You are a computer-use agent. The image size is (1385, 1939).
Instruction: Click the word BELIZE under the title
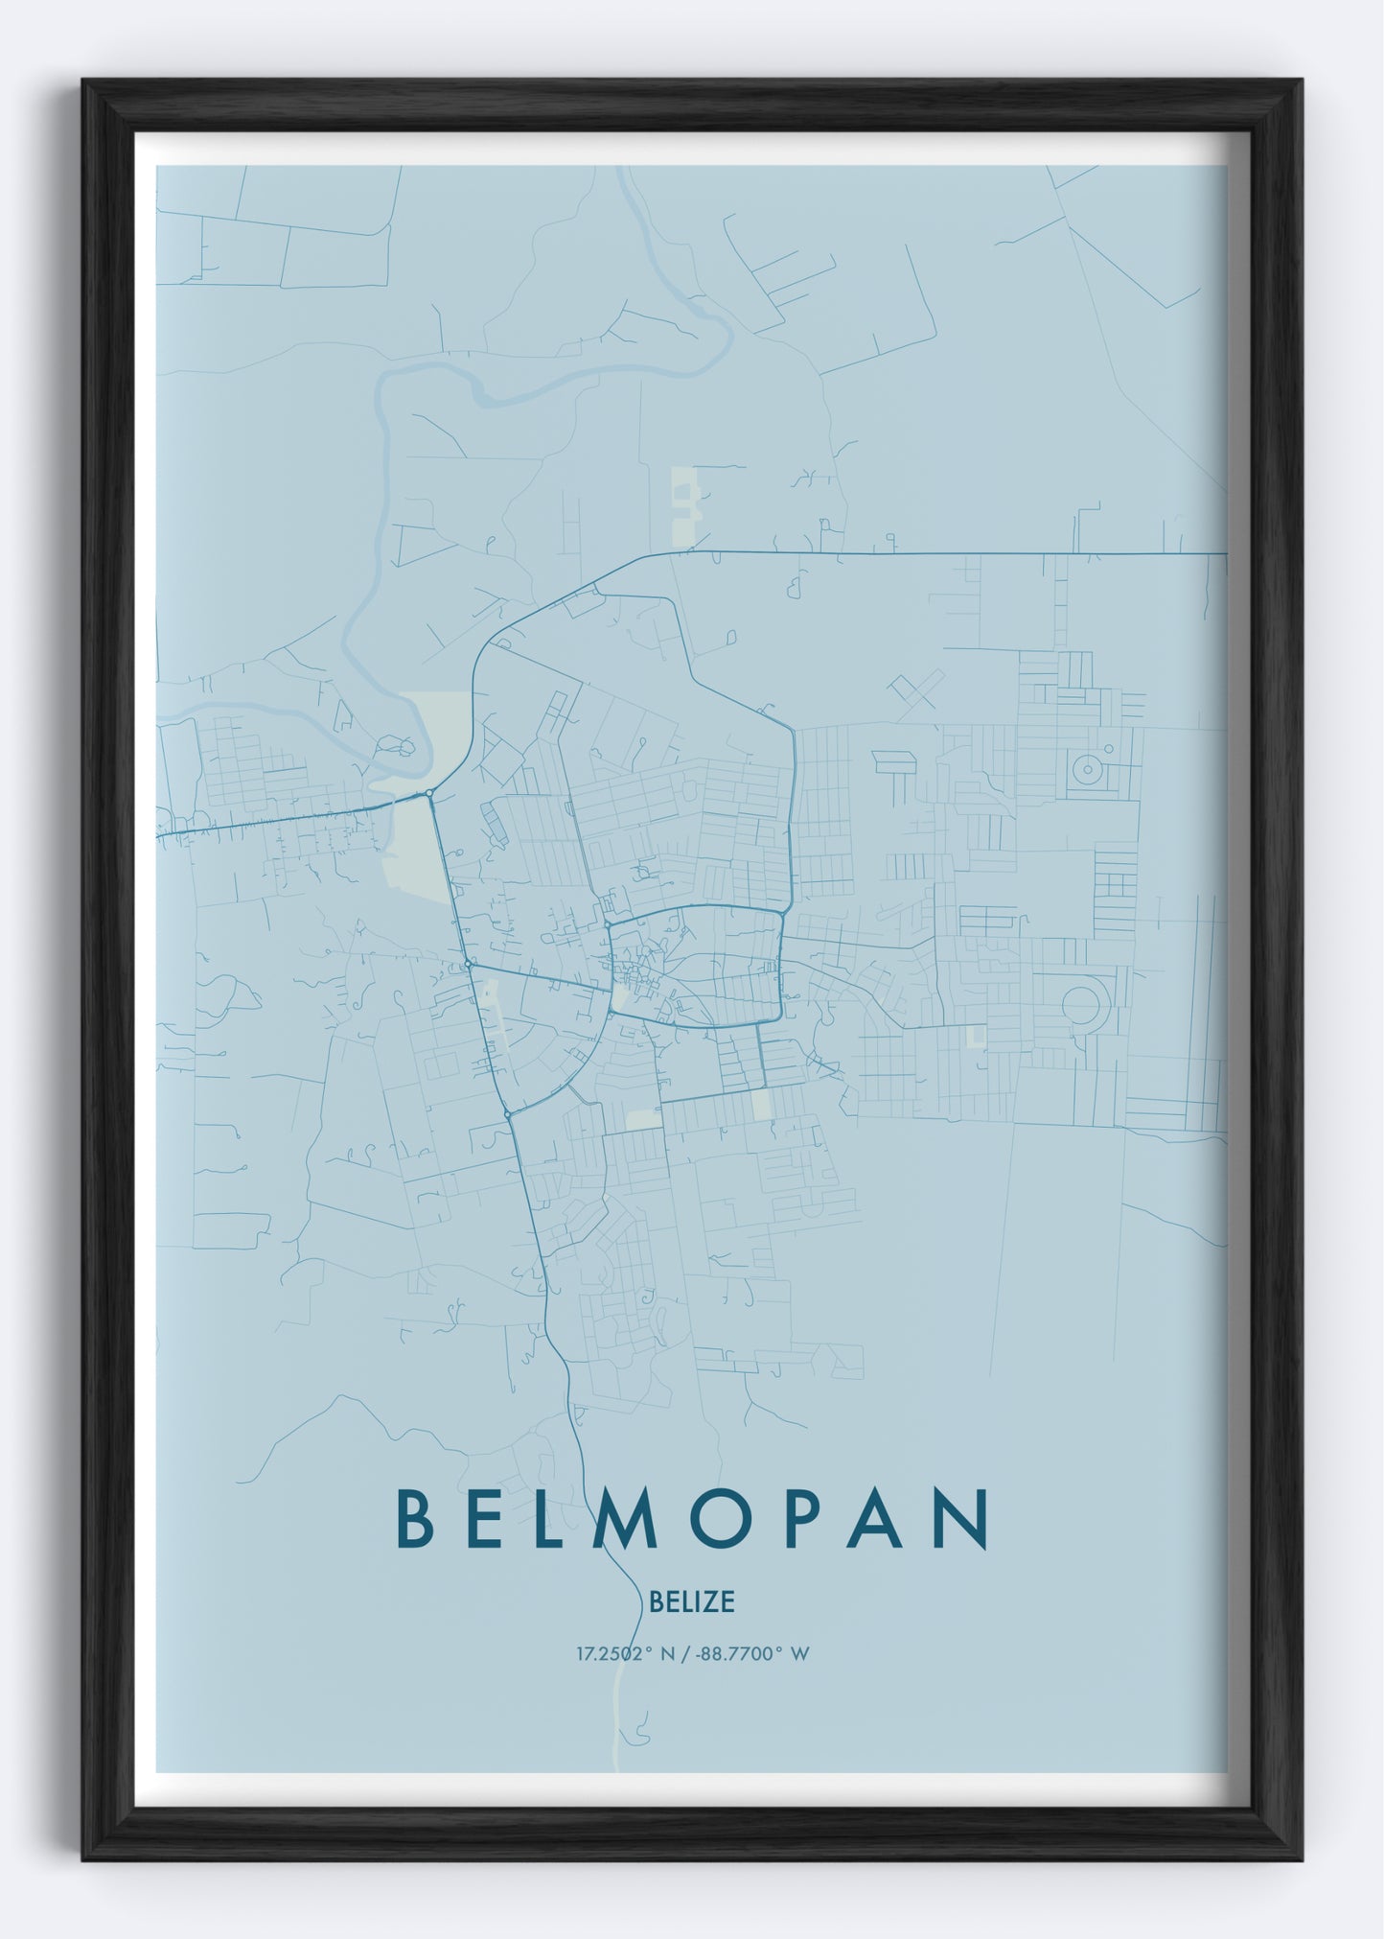coord(691,1601)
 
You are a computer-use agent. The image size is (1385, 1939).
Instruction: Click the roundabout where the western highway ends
coord(427,793)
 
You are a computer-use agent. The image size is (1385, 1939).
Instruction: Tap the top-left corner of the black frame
coord(84,82)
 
